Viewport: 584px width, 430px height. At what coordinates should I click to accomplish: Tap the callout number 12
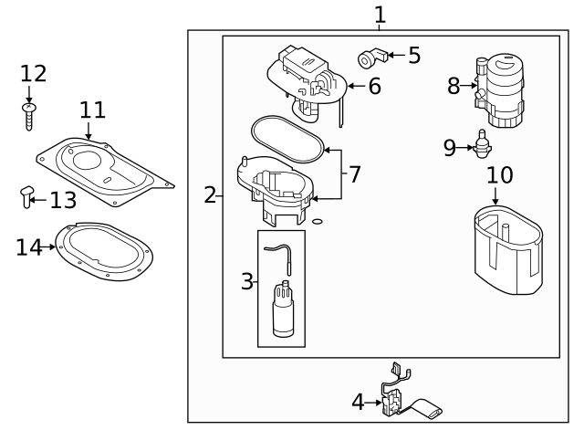(x=33, y=73)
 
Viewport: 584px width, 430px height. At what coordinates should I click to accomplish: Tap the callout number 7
(x=356, y=173)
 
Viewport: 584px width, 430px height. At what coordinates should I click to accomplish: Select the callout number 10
(x=499, y=174)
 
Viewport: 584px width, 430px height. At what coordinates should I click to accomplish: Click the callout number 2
(x=210, y=194)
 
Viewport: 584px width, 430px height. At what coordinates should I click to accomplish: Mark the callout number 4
(x=359, y=402)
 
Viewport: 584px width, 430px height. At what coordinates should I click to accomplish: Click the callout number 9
(x=449, y=147)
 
